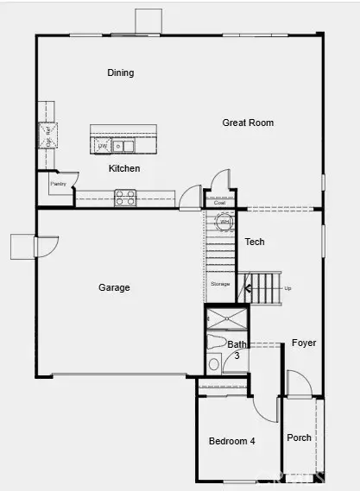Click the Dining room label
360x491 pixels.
[x=121, y=73]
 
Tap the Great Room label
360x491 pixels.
[x=248, y=123]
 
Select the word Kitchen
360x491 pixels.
[x=124, y=169]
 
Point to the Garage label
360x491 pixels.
[x=114, y=287]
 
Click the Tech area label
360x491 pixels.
[x=255, y=242]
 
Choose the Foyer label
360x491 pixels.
[x=303, y=343]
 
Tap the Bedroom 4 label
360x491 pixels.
[x=233, y=441]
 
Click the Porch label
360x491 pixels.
[x=299, y=437]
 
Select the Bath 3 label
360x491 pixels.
[x=237, y=349]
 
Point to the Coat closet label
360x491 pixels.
[x=220, y=205]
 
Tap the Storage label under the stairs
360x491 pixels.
[x=220, y=283]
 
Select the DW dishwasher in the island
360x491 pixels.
[x=102, y=147]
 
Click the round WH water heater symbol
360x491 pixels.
[x=224, y=222]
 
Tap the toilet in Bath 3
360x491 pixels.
[x=214, y=363]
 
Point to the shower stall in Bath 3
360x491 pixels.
[x=224, y=319]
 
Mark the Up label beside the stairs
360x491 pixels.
[x=288, y=288]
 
